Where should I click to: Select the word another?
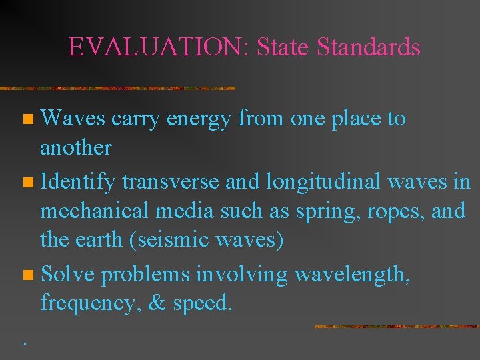pos(75,148)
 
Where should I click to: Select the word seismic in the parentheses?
pos(165,239)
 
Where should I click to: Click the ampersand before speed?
pos(157,303)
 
